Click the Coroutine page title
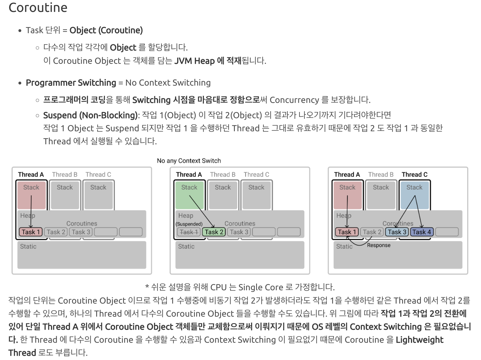pos(38,8)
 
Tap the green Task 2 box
pos(214,232)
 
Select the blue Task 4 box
pos(422,232)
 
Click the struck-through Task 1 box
pos(189,232)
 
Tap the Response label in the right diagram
pos(379,245)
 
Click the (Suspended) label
pos(189,224)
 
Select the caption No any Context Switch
pos(189,161)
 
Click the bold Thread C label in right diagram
pos(414,175)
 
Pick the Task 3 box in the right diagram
pos(397,232)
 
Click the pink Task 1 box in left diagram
pos(31,232)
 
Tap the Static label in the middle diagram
pos(186,247)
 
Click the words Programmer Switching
pos(71,83)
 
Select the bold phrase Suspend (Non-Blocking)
pos(90,115)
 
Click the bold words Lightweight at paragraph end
pos(419,340)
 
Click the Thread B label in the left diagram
pos(65,175)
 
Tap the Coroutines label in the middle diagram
pos(240,224)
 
